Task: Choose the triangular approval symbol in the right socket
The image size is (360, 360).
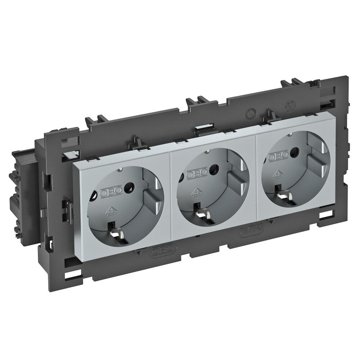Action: [278, 174]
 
